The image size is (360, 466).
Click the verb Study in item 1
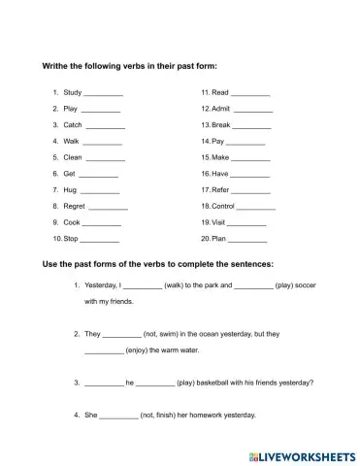pos(72,92)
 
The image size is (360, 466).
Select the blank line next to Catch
pos(107,126)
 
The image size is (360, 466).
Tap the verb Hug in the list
pos(70,189)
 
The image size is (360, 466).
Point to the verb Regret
pos(74,207)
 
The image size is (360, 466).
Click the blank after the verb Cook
pos(103,222)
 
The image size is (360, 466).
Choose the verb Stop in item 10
pos(71,239)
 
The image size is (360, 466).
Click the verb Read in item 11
pos(220,92)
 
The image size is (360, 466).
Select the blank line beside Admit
pos(253,109)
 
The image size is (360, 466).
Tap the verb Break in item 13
pos(221,125)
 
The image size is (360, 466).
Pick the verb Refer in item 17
pos(221,189)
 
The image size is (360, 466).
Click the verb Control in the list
pos(224,207)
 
